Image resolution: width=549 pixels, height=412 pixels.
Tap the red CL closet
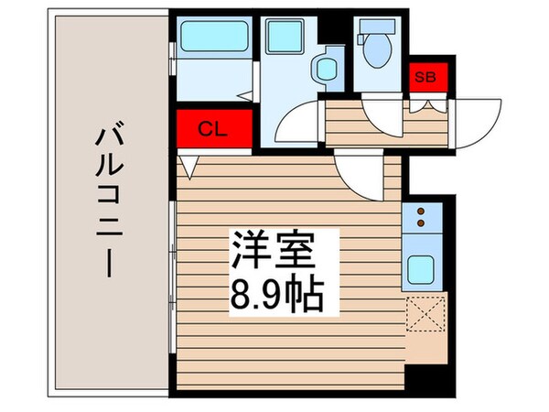pos(214,128)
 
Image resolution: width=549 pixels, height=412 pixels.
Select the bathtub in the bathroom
pos(215,37)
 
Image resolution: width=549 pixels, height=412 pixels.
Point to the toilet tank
pos(377,27)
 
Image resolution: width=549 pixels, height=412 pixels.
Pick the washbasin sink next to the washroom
pos(327,69)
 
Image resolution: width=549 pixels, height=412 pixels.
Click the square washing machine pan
pos(285,37)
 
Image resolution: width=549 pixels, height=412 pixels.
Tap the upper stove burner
pos(421,211)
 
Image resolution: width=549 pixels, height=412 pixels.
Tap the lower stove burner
pos(421,222)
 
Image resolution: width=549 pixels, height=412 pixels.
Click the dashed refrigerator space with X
pos(425,313)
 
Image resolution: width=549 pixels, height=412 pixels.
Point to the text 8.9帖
pos(276,297)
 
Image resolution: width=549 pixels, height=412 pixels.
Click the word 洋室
pos(272,249)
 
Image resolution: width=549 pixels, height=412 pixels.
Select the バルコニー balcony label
pos(110,199)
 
